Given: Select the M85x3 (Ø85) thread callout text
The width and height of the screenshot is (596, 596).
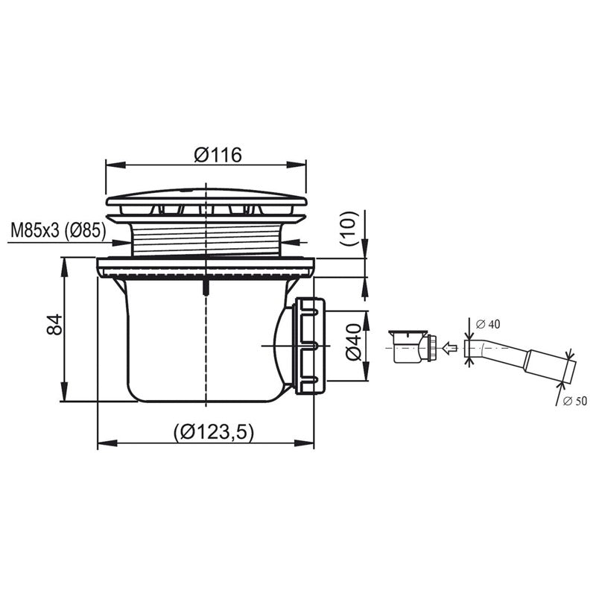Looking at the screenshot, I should pos(58,230).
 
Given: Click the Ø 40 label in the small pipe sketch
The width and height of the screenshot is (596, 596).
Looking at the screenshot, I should pos(487,324).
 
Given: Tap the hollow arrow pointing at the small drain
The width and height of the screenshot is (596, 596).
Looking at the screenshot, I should pos(448,346).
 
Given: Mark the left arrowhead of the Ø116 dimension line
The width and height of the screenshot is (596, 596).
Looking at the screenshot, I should pos(109,165).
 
